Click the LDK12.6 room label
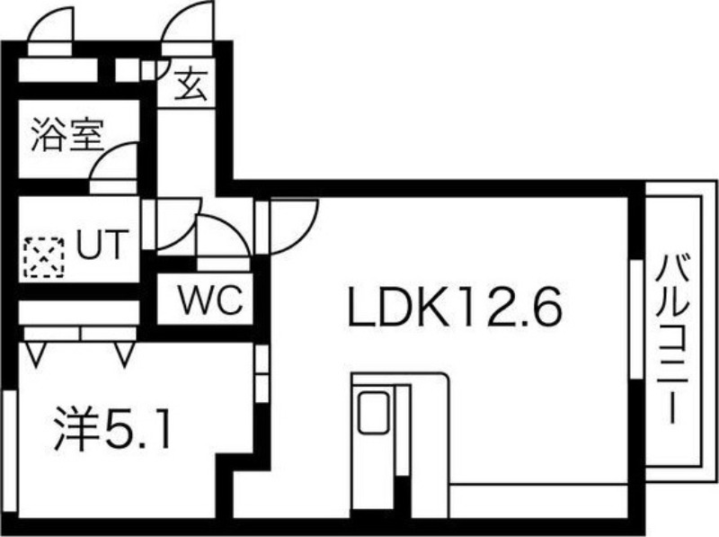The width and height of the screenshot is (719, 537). (455, 305)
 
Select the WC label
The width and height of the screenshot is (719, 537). (210, 300)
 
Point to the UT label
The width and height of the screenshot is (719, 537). (102, 244)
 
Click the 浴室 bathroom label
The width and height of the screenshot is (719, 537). (67, 135)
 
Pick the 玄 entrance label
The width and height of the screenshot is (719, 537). (191, 85)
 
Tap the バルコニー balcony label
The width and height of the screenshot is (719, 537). (672, 339)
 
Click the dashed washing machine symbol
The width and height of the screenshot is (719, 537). (44, 257)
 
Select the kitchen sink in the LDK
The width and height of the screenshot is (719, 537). (375, 413)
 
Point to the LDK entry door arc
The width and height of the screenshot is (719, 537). (294, 226)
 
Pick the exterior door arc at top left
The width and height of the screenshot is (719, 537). (50, 25)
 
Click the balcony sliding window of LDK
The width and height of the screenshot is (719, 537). (636, 319)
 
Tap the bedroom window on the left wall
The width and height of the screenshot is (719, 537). (10, 451)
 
